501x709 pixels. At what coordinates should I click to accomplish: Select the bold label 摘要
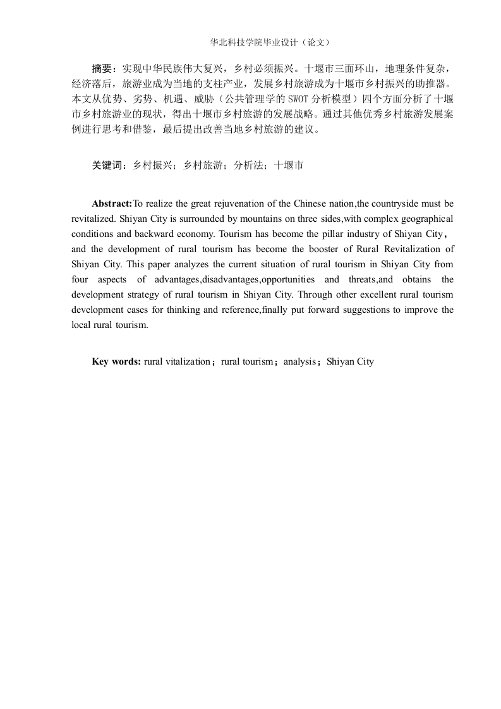(x=101, y=68)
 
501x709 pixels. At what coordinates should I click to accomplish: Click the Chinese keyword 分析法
(x=248, y=166)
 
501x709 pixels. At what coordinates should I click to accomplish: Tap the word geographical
(x=426, y=219)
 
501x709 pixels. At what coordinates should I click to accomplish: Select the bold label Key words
(x=117, y=361)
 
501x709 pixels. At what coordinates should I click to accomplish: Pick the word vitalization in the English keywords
(x=187, y=361)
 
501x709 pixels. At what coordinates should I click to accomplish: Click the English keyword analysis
(x=299, y=361)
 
